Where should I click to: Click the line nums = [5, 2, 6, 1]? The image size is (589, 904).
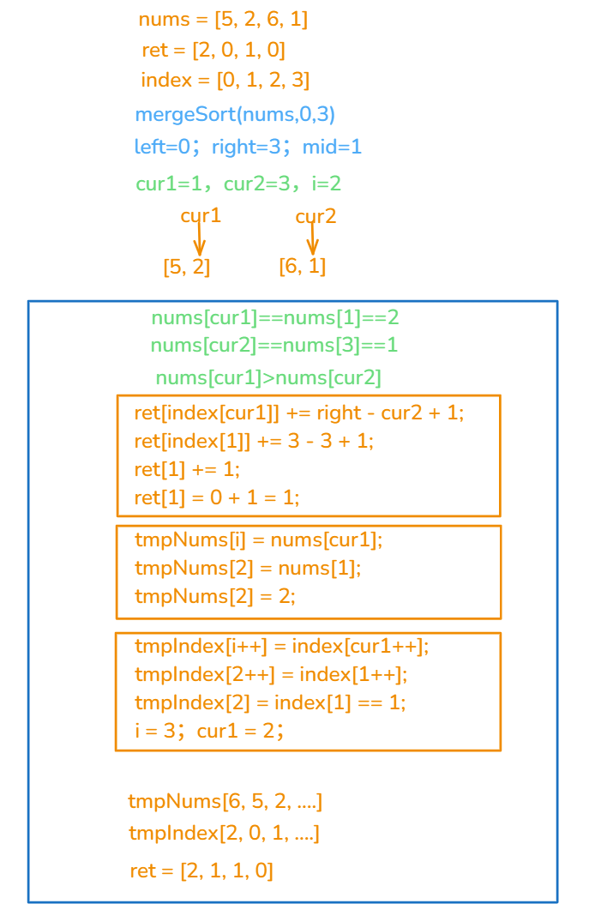pyautogui.click(x=223, y=20)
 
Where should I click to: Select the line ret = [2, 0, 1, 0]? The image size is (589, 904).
pyautogui.click(x=213, y=50)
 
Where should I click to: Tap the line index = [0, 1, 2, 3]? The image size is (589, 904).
pyautogui.click(x=225, y=81)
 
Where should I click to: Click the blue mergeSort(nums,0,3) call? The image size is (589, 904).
pyautogui.click(x=235, y=114)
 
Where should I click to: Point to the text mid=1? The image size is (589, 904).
pyautogui.click(x=332, y=147)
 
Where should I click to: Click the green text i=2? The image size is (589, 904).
pyautogui.click(x=327, y=184)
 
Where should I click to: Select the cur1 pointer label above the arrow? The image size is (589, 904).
pyautogui.click(x=201, y=216)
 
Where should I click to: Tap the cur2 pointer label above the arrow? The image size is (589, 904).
pyautogui.click(x=316, y=217)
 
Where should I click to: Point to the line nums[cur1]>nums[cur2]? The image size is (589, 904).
pyautogui.click(x=268, y=377)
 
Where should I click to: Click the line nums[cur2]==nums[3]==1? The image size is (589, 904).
pyautogui.click(x=274, y=346)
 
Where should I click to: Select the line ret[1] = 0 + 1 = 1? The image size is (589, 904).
pyautogui.click(x=217, y=497)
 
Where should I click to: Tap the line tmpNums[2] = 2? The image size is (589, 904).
pyautogui.click(x=215, y=596)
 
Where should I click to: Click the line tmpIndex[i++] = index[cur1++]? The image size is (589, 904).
pyautogui.click(x=281, y=646)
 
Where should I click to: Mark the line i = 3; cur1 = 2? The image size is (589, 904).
pyautogui.click(x=209, y=731)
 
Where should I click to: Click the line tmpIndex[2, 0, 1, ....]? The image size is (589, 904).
pyautogui.click(x=224, y=833)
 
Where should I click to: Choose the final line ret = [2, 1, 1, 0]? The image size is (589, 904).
pyautogui.click(x=201, y=871)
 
